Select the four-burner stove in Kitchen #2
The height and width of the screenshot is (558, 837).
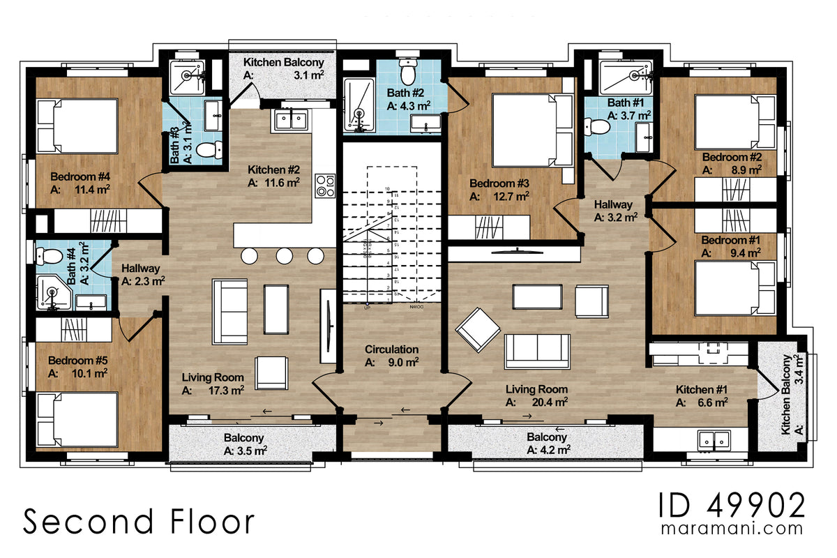pyautogui.click(x=325, y=184)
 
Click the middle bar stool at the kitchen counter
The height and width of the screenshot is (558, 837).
pyautogui.click(x=285, y=256)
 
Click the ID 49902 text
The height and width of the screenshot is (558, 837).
pyautogui.click(x=732, y=505)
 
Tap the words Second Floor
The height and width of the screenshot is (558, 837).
pyautogui.click(x=139, y=522)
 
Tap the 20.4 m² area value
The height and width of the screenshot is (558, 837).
pyautogui.click(x=550, y=402)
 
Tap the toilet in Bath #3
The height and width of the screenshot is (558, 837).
pyautogui.click(x=208, y=149)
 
